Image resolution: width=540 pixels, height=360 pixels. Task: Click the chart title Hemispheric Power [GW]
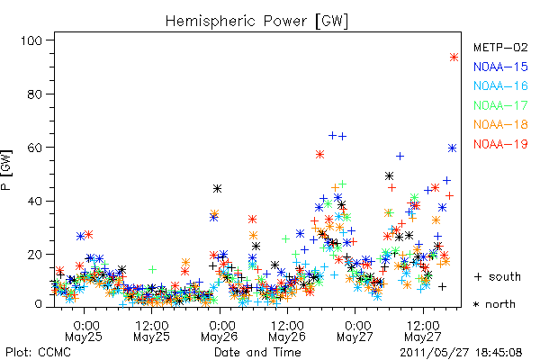point(256,22)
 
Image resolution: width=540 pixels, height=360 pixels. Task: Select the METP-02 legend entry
point(500,47)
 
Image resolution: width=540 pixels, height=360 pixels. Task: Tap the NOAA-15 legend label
point(500,67)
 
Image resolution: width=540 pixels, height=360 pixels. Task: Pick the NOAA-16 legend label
point(500,85)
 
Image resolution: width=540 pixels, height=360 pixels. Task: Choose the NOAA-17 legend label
point(500,105)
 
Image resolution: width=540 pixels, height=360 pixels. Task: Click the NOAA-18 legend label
point(500,124)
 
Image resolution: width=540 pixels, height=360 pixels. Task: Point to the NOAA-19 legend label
point(500,144)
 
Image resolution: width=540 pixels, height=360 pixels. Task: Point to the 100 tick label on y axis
point(31,40)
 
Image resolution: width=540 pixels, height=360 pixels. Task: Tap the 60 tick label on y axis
point(35,148)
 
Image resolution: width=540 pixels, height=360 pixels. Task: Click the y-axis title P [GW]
point(6,170)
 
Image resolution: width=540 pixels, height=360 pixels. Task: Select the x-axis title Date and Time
point(257,353)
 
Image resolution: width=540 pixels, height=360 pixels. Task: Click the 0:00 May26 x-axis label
point(220,331)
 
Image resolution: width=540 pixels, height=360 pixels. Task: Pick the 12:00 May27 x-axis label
point(423,331)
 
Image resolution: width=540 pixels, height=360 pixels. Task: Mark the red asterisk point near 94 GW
point(454,58)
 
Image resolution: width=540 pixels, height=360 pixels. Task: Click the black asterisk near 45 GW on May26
point(217,189)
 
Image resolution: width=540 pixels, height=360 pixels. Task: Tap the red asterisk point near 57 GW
point(319,154)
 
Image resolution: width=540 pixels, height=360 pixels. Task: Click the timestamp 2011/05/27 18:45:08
point(461,353)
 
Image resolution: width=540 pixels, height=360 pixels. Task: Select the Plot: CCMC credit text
point(38,353)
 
